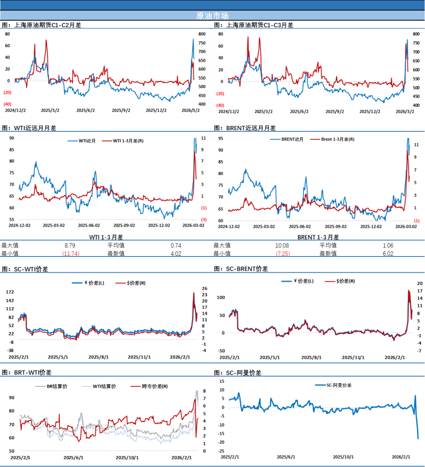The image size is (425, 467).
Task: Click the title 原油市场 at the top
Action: tap(212, 16)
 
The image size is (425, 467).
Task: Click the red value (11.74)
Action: tap(71, 254)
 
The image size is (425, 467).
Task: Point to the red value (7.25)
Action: tap(283, 254)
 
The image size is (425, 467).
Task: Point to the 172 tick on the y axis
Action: tap(10, 292)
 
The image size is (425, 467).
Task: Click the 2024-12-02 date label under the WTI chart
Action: tap(20, 225)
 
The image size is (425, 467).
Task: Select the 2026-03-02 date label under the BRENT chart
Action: tap(406, 227)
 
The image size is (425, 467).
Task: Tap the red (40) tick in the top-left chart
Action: tap(7, 104)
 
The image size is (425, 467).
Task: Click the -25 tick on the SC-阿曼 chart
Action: tap(222, 451)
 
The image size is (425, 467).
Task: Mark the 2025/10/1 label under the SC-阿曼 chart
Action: tap(343, 457)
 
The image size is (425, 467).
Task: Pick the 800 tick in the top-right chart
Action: tap(416, 34)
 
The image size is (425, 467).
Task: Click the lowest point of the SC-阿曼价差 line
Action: tap(418, 438)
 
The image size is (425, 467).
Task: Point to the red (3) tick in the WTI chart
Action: tap(204, 220)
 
